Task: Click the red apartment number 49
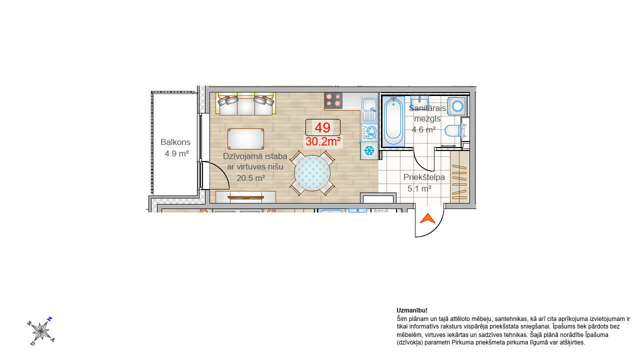click(x=322, y=127)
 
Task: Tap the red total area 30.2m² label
click(x=323, y=141)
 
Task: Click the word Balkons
click(x=175, y=142)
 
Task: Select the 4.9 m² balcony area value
click(x=176, y=153)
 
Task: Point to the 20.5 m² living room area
click(x=251, y=178)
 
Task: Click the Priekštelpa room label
click(x=424, y=177)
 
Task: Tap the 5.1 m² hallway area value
click(x=419, y=188)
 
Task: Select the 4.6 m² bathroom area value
click(x=423, y=129)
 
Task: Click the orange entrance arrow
click(x=427, y=218)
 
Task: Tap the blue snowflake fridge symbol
click(x=369, y=150)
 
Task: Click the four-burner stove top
click(x=333, y=101)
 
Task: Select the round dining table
click(x=312, y=173)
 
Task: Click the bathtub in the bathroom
click(x=393, y=121)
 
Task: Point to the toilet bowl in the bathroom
click(x=453, y=131)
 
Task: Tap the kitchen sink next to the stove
click(x=369, y=110)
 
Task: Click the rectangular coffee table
click(x=245, y=139)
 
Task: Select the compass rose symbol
click(x=41, y=331)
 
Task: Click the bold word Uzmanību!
click(x=412, y=310)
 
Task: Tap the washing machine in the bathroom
click(x=457, y=106)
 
